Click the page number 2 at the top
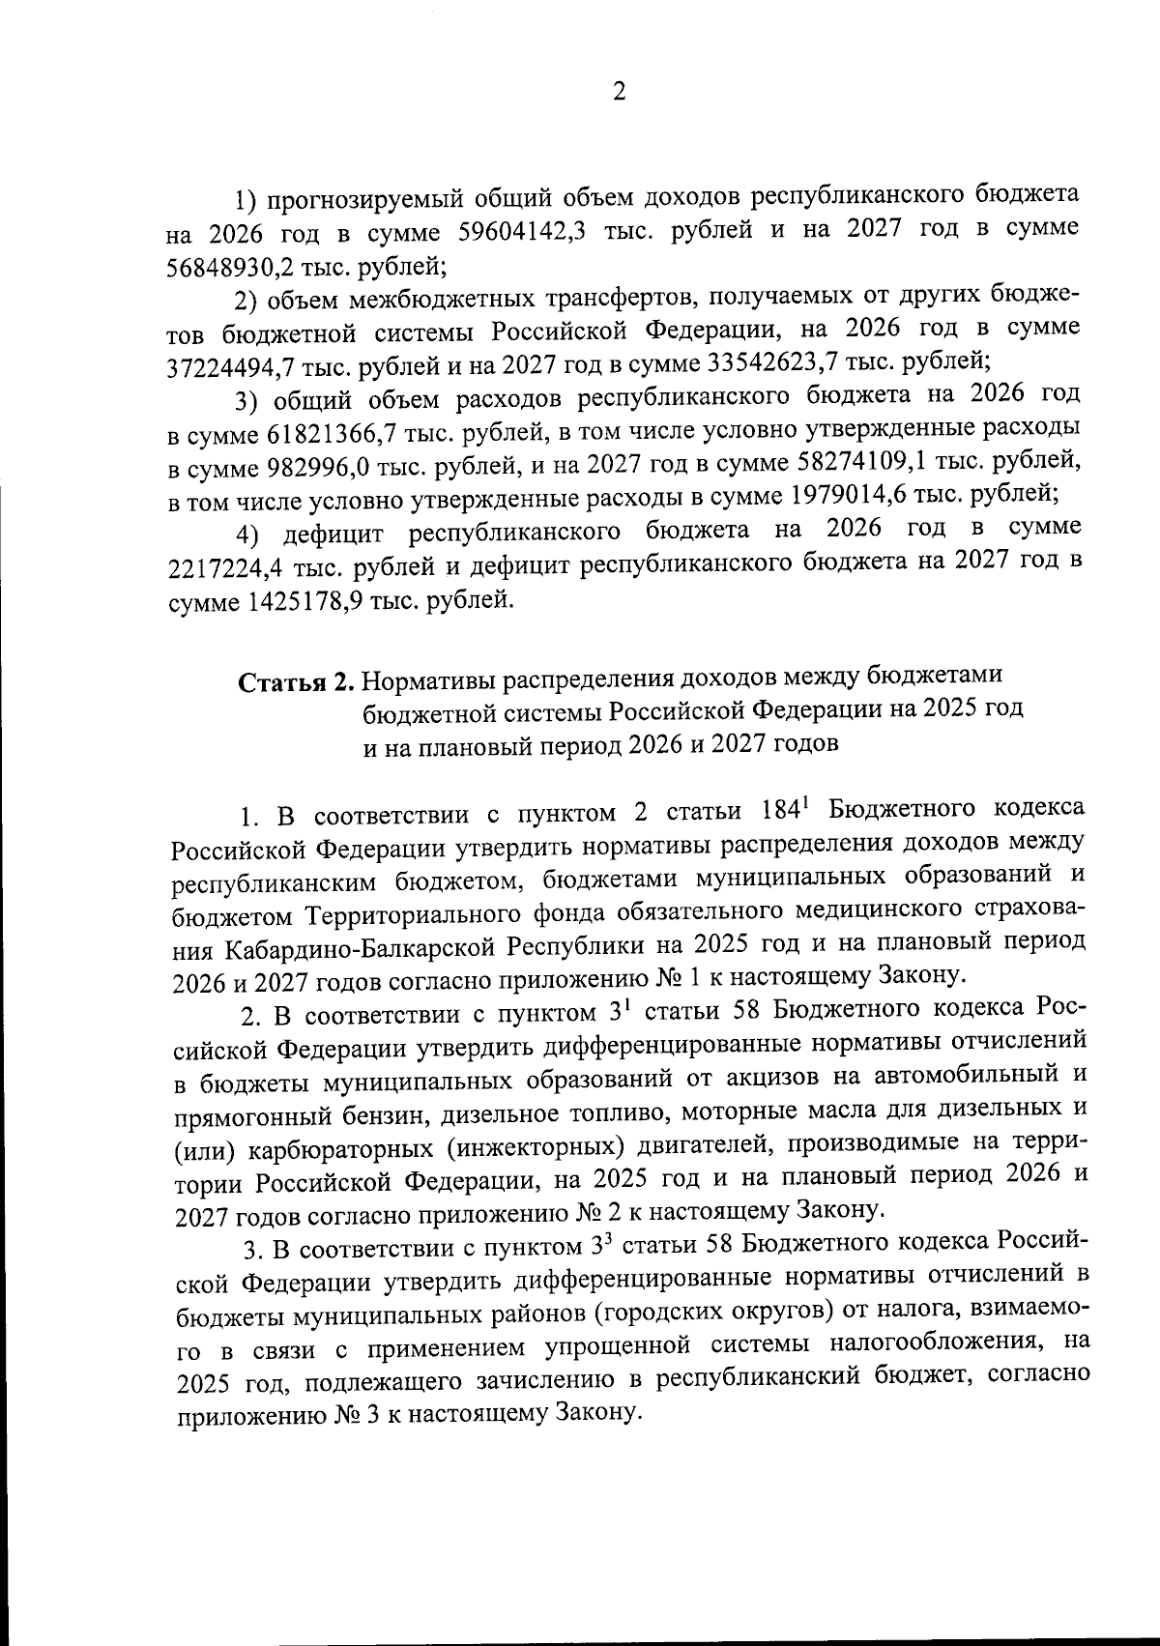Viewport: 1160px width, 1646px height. tap(619, 91)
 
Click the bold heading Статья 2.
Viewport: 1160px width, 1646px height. tap(298, 681)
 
